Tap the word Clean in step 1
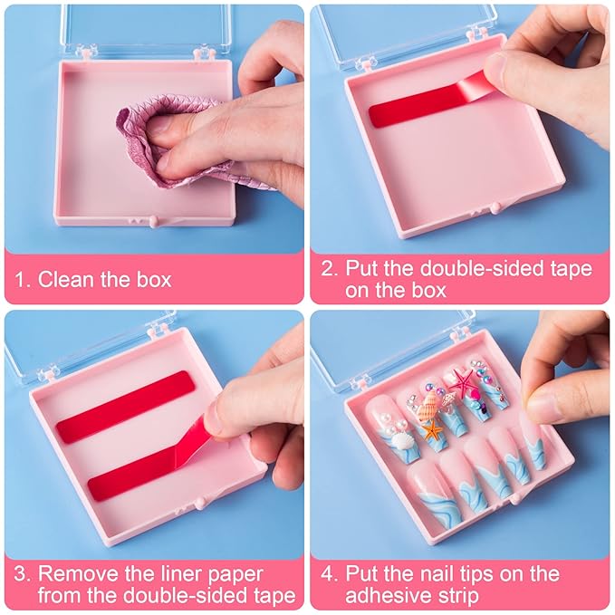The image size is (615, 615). (64, 279)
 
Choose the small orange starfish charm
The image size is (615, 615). (433, 430)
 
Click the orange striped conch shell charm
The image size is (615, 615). (429, 405)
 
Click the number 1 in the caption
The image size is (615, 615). (22, 279)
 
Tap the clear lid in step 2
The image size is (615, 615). (408, 32)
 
